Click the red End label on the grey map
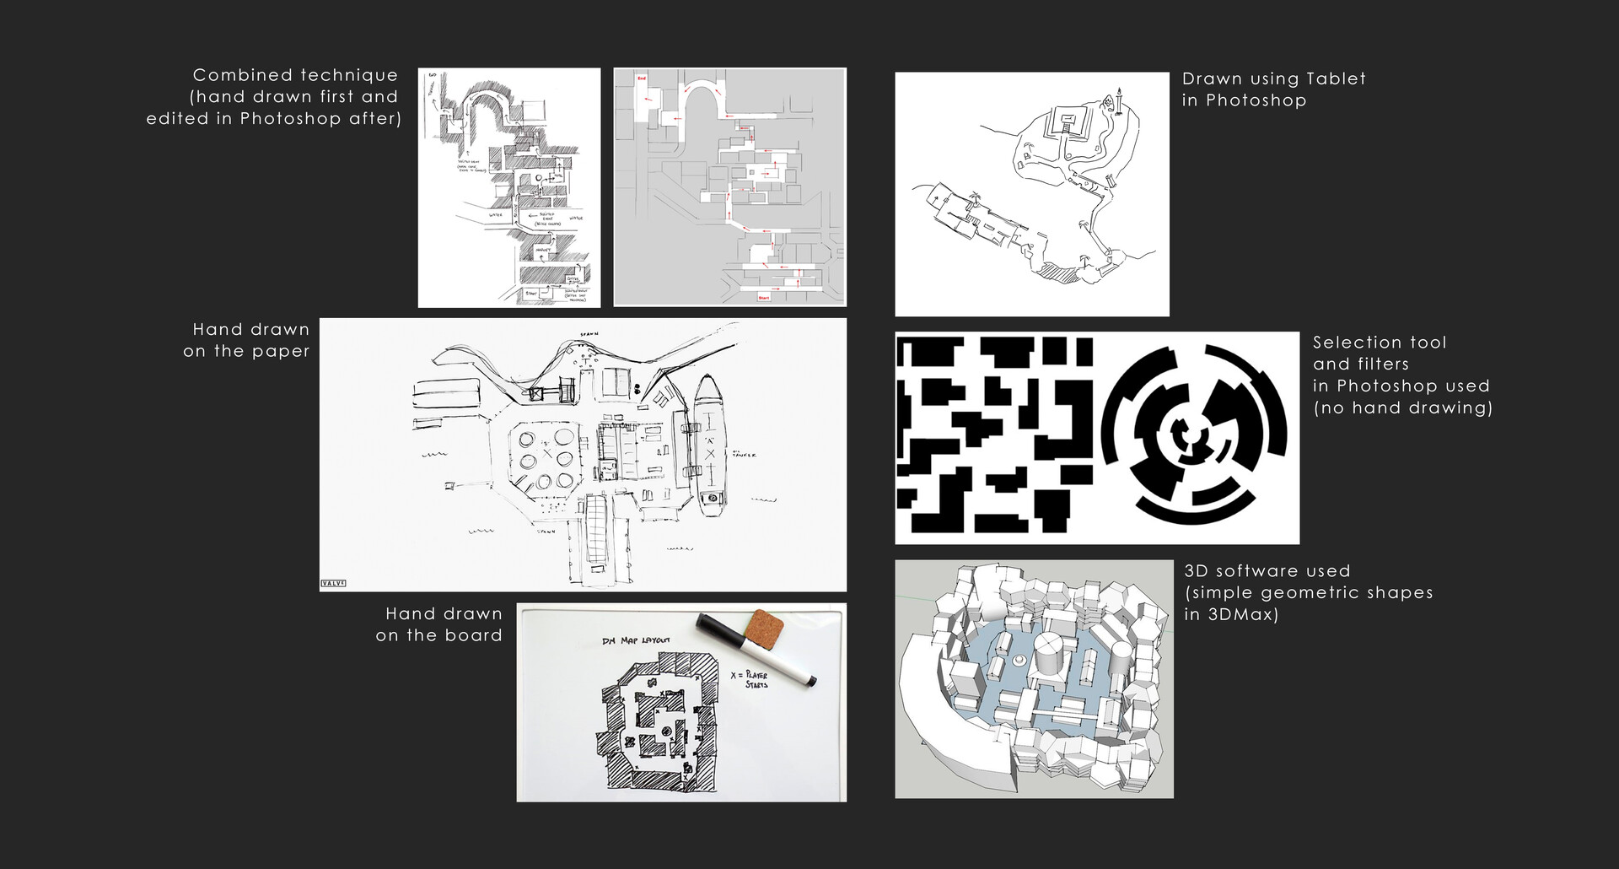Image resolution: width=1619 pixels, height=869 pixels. [641, 78]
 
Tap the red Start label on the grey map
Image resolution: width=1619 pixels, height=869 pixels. [764, 298]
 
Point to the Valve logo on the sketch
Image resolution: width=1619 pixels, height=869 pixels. [334, 582]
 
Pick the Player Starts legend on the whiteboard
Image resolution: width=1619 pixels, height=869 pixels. [750, 680]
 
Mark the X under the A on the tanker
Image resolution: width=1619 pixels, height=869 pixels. [710, 455]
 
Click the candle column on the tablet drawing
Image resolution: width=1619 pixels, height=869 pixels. [1119, 101]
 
